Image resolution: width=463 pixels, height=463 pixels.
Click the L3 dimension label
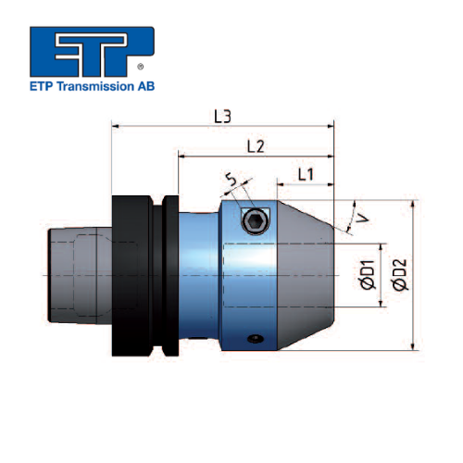222,117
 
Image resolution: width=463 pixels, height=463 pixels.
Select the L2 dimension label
257,146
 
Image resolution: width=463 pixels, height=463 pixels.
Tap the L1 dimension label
306,174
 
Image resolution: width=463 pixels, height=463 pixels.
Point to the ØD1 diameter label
367,276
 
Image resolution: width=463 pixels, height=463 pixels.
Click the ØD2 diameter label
400,276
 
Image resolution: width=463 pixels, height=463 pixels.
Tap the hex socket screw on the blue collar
254,220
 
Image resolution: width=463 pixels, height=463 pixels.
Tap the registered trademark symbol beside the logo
140,68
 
